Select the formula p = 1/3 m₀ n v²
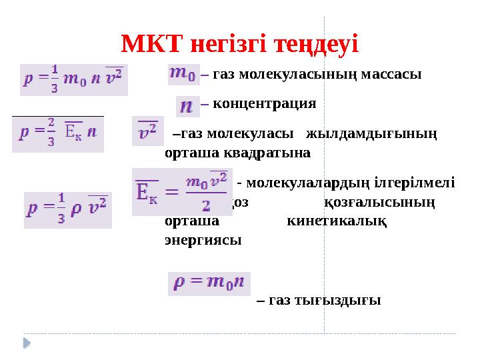pos(73,75)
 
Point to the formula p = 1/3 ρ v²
pos(68,209)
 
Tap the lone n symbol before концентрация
pos(189,105)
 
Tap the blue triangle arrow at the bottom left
pos(28,343)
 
